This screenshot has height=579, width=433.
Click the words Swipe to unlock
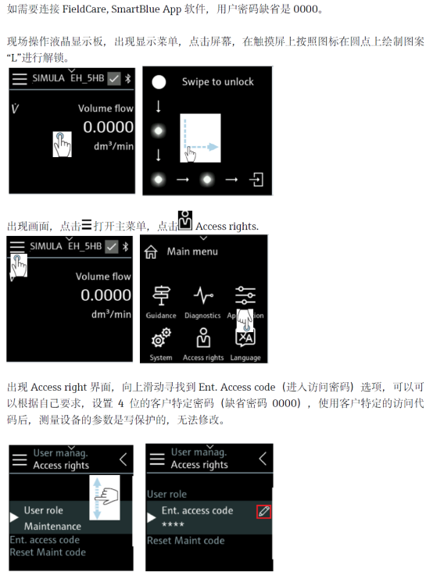point(217,82)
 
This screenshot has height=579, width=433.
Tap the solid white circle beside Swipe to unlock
point(159,82)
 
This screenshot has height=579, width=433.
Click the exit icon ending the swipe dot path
point(256,180)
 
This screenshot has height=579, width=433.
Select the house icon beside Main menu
point(151,252)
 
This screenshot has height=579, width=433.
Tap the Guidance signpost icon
point(161,296)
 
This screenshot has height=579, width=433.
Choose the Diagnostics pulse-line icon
point(203,295)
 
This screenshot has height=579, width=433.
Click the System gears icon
point(161,338)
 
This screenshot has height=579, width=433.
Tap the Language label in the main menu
point(245,358)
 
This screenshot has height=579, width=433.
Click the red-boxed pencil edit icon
point(264,512)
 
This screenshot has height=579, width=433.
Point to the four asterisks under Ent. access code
point(173,524)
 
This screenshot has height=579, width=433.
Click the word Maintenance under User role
point(52,526)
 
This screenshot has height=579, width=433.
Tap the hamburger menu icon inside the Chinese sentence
point(87,224)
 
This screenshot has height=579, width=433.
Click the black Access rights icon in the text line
point(185,220)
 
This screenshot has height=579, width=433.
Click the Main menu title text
point(192,252)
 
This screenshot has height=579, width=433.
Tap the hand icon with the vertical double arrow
point(105,498)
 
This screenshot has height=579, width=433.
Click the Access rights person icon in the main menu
point(203,338)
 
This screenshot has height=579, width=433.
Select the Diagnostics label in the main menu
point(202,316)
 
